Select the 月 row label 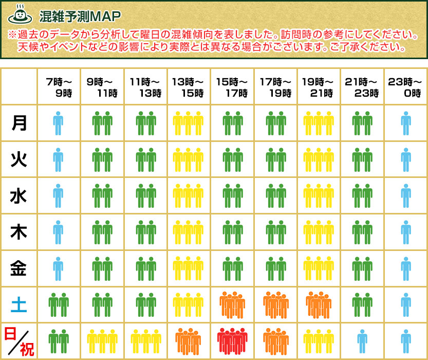(x=19, y=123)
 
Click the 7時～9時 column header (x=59, y=87)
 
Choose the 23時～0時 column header (x=405, y=87)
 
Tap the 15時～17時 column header (x=232, y=87)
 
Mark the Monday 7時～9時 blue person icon (x=59, y=123)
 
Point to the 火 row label (x=19, y=159)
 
